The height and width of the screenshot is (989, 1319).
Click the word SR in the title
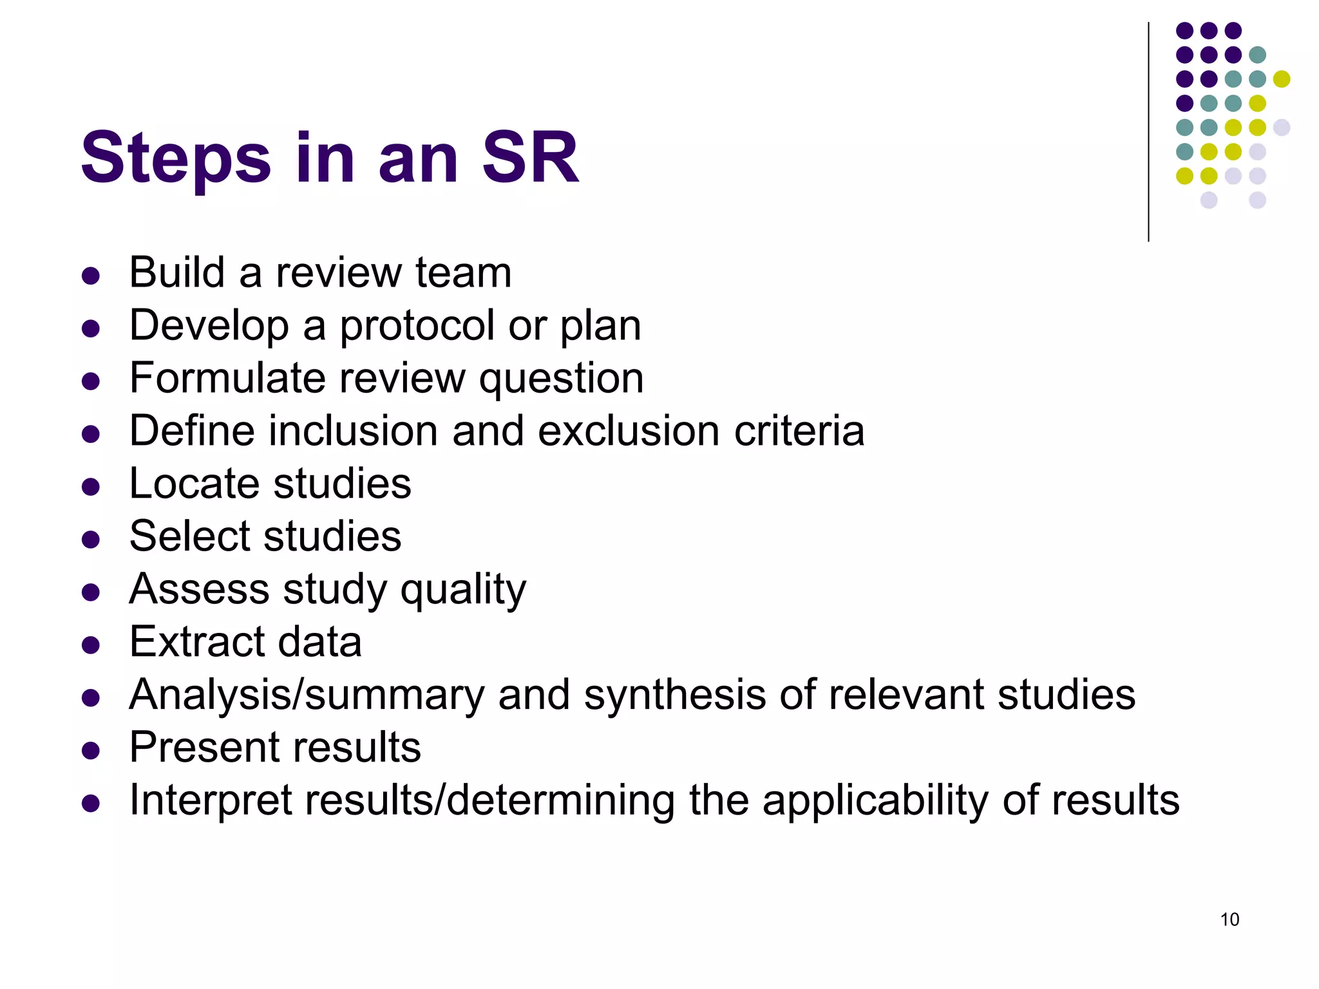click(x=531, y=158)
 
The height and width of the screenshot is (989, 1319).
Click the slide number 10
click(x=1229, y=919)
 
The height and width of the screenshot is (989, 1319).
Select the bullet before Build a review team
click(x=91, y=276)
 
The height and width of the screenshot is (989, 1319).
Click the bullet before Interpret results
click(x=91, y=803)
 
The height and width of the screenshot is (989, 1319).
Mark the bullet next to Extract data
click(x=91, y=645)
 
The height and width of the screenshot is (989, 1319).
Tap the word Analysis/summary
click(x=307, y=695)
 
